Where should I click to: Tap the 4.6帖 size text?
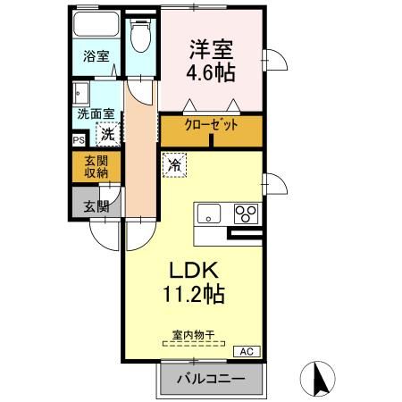207,73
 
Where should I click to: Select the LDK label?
193,270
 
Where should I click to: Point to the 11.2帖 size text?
193,293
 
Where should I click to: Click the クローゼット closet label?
211,126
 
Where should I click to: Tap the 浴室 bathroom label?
96,55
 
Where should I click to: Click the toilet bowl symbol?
138,38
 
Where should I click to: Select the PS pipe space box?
79,139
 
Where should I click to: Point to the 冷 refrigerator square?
175,164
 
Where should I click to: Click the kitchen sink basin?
209,213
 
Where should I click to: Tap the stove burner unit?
245,214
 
